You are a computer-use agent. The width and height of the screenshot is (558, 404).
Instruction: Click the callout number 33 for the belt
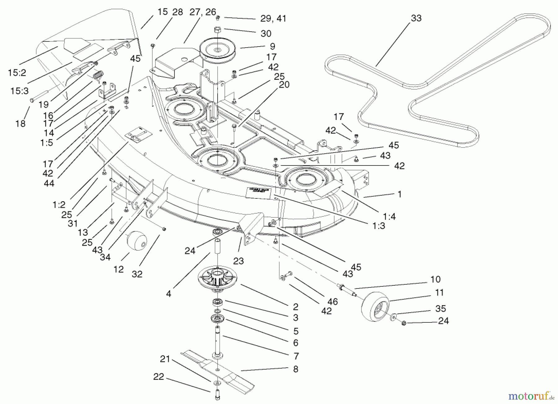coord(416,18)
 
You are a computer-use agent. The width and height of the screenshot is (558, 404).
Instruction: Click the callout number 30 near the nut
coord(266,34)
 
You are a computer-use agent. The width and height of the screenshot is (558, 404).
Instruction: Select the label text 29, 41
coord(273,19)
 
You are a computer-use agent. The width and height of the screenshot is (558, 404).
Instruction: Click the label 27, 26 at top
coord(202,12)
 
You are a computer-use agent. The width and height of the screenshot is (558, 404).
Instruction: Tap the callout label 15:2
coord(17,73)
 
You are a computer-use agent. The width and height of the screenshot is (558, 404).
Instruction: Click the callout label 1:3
coord(379,226)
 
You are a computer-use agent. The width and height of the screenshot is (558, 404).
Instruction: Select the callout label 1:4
coord(389,216)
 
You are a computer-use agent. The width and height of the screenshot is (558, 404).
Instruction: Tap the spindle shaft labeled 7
coord(218,340)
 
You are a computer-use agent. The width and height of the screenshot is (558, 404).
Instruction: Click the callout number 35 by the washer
coord(440,308)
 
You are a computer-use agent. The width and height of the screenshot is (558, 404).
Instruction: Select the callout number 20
coord(284,85)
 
